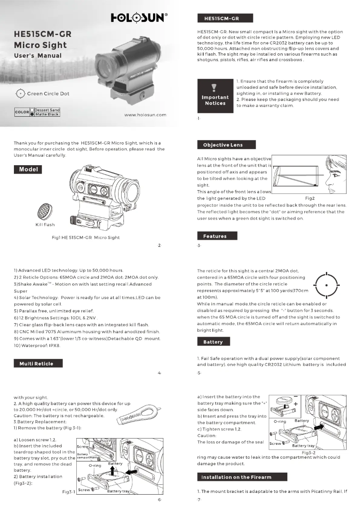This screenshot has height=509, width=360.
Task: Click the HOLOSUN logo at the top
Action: pos(140,18)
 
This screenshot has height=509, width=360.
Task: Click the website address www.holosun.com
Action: pos(145,115)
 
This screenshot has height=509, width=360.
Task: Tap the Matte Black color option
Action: pos(47,114)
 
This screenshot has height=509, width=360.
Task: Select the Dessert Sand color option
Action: pos(47,110)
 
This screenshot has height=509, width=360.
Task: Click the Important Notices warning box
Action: pos(215,95)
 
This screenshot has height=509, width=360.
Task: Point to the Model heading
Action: pos(28,169)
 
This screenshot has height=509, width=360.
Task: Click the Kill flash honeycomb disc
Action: pos(45,209)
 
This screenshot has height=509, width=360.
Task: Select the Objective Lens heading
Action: pos(226,145)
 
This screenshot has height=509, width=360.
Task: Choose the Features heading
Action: pos(217,236)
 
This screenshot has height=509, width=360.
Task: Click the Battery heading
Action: pos(213,342)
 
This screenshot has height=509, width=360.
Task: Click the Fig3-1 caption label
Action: pos(69,492)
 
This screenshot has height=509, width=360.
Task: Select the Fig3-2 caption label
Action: pos(309,452)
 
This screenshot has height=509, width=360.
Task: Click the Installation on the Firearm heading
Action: pos(241,476)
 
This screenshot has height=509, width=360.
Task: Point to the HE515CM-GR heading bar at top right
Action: pos(225,18)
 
